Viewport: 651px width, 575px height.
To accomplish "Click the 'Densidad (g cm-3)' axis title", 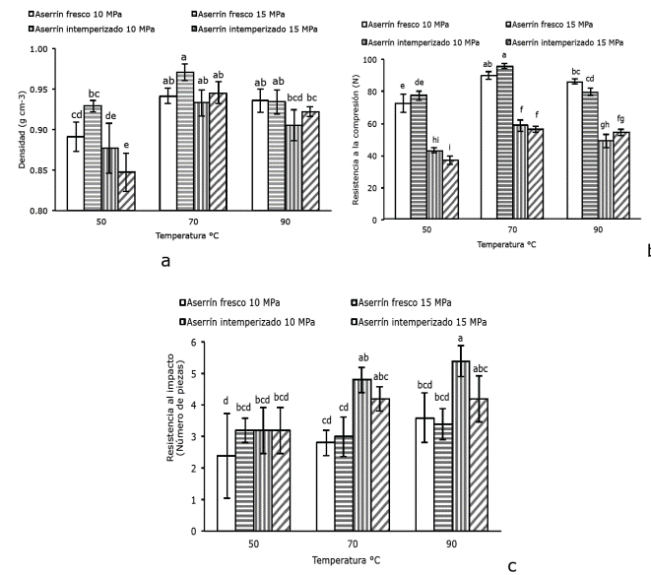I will (x=21, y=129).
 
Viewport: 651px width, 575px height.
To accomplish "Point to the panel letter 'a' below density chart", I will (x=165, y=260).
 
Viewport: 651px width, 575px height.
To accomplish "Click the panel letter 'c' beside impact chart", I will (x=511, y=566).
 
